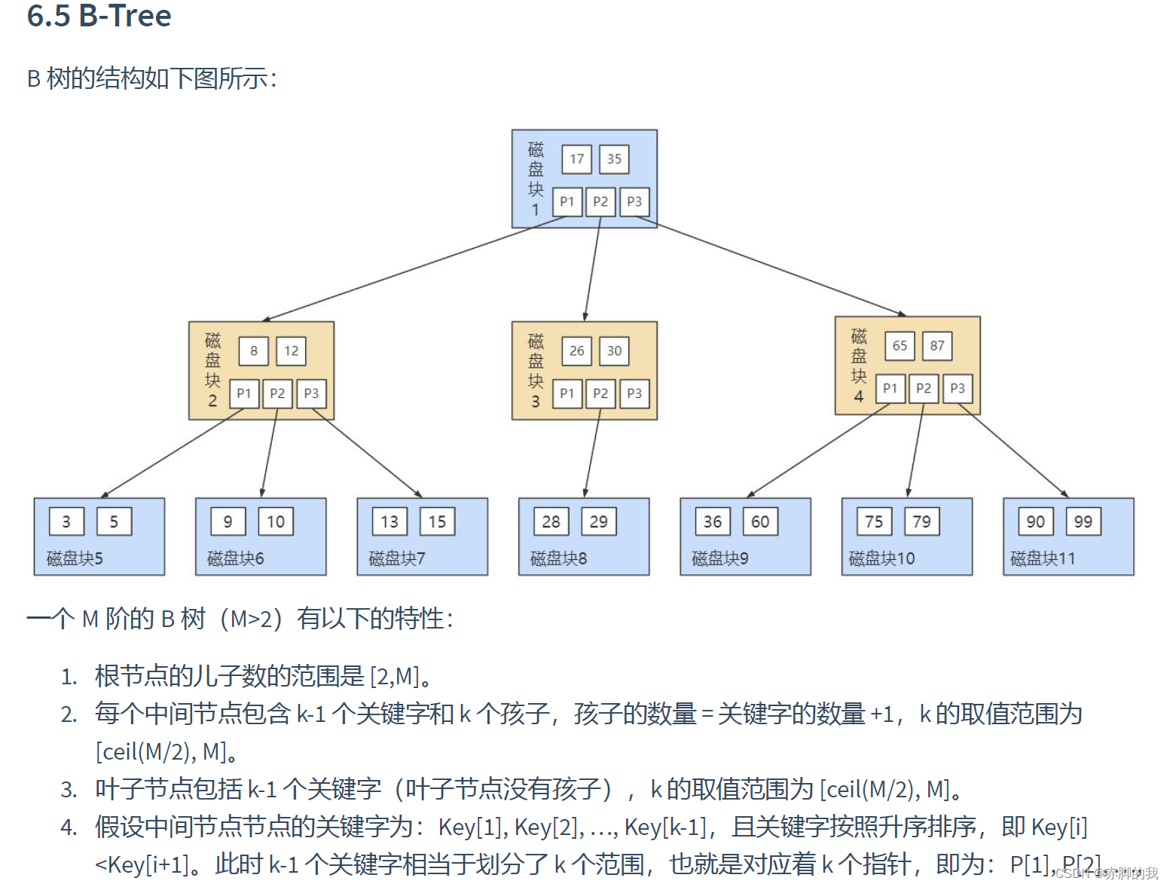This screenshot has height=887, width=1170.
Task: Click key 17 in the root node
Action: click(576, 159)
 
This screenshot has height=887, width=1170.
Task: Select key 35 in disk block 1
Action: click(614, 159)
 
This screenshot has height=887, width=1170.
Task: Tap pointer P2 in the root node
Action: click(600, 202)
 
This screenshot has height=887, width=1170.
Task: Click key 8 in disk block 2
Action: click(254, 350)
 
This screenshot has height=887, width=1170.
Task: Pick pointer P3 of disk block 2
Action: click(311, 393)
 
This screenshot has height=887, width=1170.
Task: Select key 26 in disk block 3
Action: click(576, 350)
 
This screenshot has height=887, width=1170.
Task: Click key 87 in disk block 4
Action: click(936, 346)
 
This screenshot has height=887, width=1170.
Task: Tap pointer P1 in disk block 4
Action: click(890, 388)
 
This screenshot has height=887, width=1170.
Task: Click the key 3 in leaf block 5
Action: click(66, 521)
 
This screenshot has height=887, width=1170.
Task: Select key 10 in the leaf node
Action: click(276, 521)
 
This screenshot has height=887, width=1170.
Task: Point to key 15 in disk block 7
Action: click(437, 521)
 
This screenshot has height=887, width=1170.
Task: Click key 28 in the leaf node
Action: click(551, 521)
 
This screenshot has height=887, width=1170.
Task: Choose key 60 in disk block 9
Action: click(760, 521)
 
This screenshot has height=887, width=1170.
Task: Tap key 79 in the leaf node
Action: click(921, 521)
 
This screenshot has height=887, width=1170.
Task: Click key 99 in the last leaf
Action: click(1083, 521)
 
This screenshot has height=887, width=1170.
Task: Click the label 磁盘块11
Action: click(1042, 558)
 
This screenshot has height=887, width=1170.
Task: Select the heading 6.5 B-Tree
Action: click(99, 16)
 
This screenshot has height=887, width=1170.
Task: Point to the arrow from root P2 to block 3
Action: click(592, 268)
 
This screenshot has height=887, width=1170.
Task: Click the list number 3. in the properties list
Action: click(69, 790)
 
